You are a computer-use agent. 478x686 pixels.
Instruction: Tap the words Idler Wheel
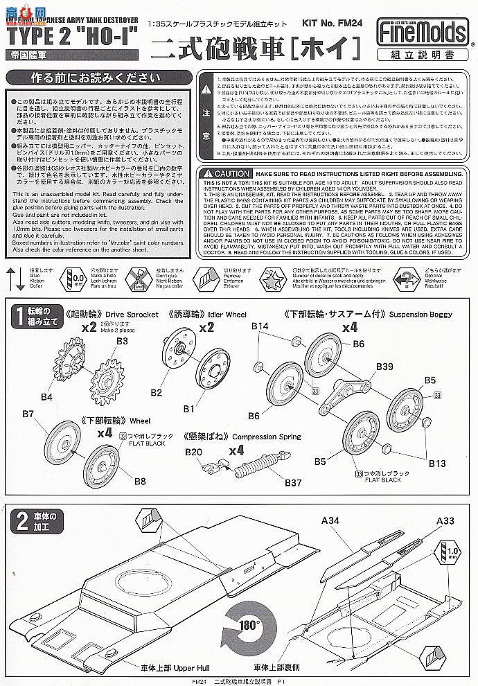[233, 313]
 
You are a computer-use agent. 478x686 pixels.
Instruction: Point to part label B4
[46, 396]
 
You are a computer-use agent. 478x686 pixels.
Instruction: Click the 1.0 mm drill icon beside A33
[450, 552]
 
